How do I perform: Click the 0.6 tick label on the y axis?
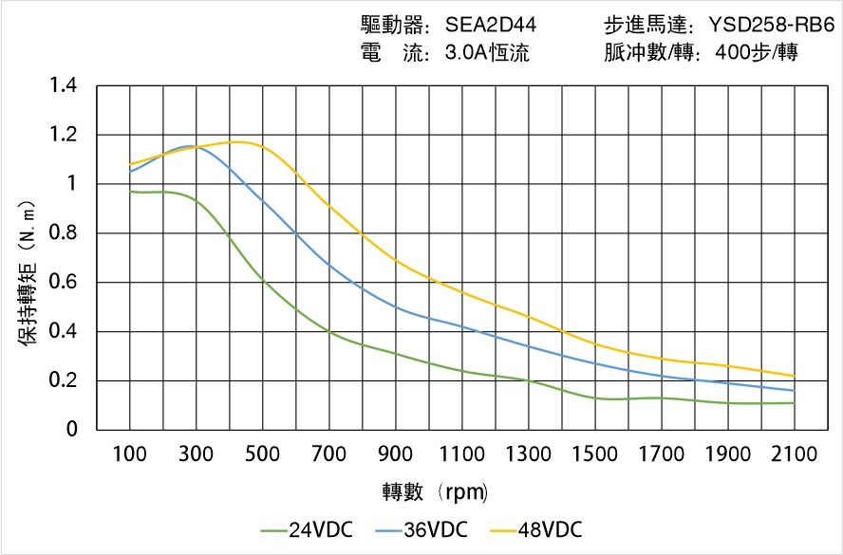coord(65,283)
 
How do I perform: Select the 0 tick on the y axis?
coord(72,430)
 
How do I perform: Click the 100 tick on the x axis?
coord(130,454)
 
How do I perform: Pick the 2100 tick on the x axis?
coord(795,454)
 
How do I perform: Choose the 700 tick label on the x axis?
coord(329,454)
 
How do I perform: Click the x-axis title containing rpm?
coord(436,492)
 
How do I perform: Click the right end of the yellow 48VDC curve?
coord(794,376)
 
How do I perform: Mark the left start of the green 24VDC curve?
coord(131,192)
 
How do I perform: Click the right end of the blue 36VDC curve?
coord(794,390)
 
